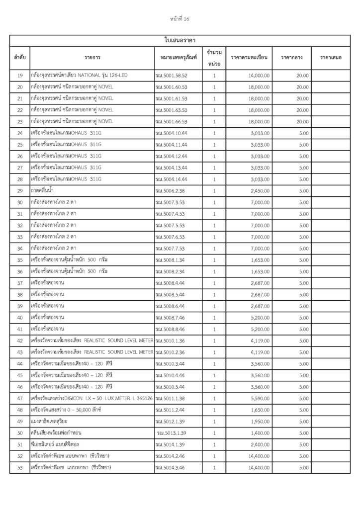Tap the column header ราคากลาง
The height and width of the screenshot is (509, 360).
(x=295, y=58)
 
